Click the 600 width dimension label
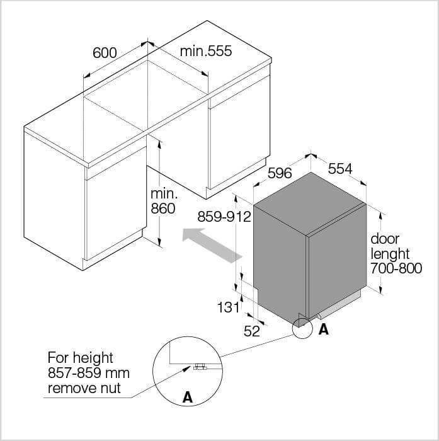(x=105, y=53)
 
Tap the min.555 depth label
(x=206, y=51)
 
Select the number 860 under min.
(x=163, y=209)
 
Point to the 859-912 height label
(x=224, y=217)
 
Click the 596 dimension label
(x=280, y=173)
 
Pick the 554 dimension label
(x=340, y=169)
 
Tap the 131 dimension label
(x=228, y=307)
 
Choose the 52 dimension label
(x=252, y=331)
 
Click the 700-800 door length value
(x=396, y=268)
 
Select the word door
(x=385, y=239)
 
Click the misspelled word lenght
(x=390, y=255)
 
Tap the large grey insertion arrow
(x=212, y=244)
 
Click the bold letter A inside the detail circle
(x=188, y=398)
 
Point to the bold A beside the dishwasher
(x=323, y=329)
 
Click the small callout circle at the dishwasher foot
(x=302, y=328)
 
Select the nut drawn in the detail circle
(x=200, y=367)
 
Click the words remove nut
(x=84, y=389)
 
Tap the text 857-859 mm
(x=89, y=373)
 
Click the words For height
(x=81, y=358)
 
